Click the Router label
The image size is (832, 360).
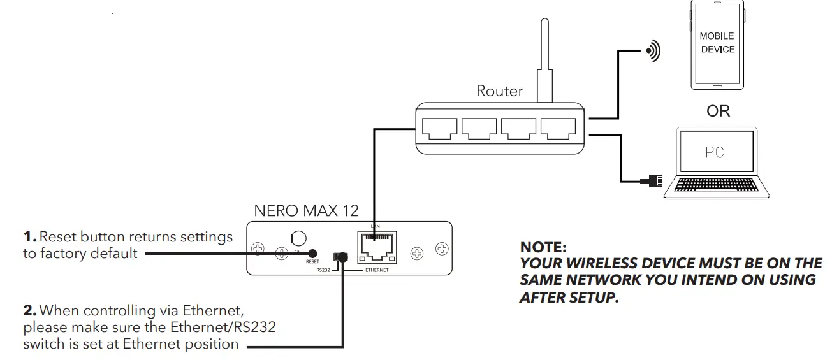(499, 91)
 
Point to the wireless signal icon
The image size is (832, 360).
(652, 51)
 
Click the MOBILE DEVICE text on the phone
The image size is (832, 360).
(717, 43)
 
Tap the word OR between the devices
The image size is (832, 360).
(718, 111)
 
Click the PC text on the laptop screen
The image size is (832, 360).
(715, 153)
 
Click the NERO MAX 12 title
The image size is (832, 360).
(306, 210)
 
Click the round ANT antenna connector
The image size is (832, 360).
(298, 238)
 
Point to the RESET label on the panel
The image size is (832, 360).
(312, 262)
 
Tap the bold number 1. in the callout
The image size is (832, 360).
(30, 237)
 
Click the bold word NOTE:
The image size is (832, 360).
(543, 247)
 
